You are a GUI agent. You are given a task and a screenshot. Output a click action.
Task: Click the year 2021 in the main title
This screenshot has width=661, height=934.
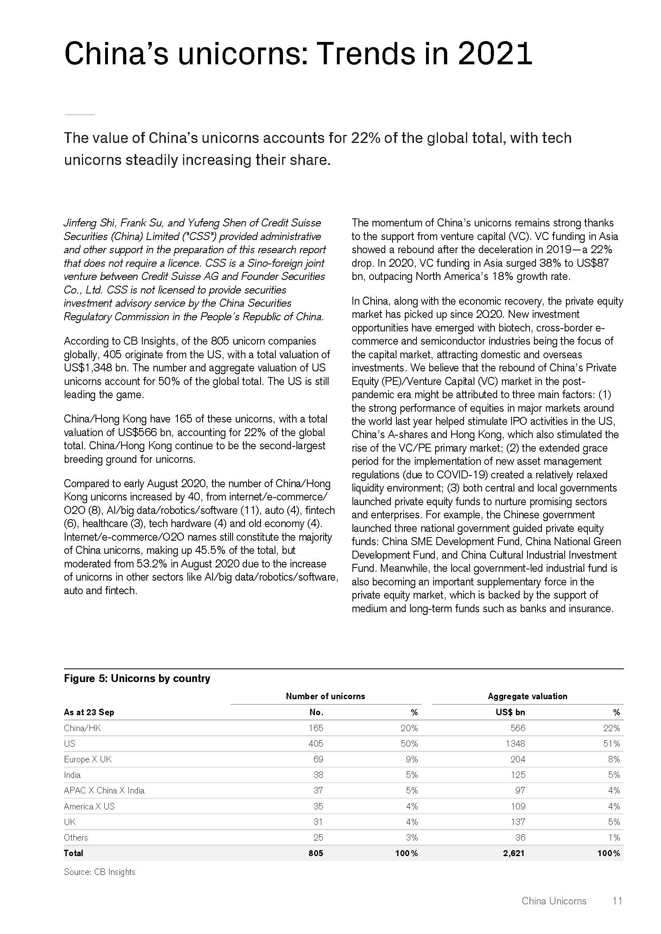[494, 54]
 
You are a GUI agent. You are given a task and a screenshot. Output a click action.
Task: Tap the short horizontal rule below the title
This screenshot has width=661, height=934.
[80, 115]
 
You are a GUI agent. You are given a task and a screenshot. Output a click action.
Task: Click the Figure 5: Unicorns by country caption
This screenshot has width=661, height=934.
[137, 678]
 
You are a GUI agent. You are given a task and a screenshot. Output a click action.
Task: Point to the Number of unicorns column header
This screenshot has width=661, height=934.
[325, 696]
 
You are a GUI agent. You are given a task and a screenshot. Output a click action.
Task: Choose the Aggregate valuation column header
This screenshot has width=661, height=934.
[527, 696]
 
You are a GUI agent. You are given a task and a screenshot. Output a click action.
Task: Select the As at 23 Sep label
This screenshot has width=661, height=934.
[89, 712]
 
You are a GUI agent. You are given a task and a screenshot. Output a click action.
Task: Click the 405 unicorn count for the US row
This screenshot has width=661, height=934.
[316, 744]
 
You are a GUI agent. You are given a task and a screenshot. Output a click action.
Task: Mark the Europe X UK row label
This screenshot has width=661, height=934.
[88, 759]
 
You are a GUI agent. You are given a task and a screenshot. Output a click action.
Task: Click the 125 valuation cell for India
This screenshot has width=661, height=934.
[518, 775]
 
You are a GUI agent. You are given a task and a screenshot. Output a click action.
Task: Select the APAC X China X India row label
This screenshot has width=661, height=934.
[104, 790]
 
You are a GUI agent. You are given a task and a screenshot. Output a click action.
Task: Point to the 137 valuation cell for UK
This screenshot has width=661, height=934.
[518, 822]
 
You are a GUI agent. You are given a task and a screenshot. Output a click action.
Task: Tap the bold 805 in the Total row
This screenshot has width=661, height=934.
[316, 853]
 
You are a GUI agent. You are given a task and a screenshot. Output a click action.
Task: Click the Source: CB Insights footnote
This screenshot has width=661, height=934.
[100, 872]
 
